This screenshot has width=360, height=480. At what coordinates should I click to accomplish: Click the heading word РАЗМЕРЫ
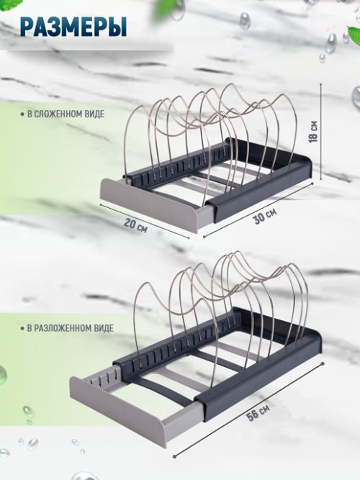pos(73,27)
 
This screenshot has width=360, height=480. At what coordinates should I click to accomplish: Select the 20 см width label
pos(136,225)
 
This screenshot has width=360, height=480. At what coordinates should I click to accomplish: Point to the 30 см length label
pos(265,216)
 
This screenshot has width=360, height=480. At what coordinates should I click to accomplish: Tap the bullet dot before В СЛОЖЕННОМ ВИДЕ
pos(22,114)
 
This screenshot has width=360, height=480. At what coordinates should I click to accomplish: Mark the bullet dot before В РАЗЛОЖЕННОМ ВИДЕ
pos(22,329)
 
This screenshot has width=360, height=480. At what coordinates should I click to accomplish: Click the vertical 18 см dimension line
pos(321,131)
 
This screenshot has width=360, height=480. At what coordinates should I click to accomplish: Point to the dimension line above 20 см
pos(145,221)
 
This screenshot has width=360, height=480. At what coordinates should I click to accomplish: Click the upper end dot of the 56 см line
pos(323,363)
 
